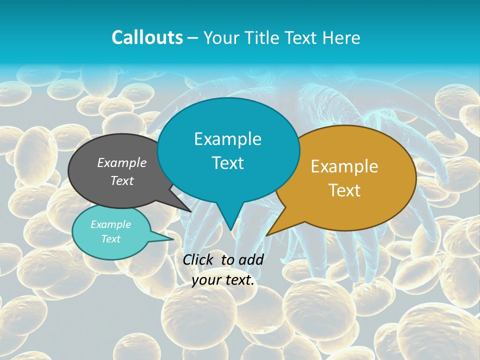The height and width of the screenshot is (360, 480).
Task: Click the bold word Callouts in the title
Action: [147, 37]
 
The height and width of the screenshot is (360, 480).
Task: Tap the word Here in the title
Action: [339, 37]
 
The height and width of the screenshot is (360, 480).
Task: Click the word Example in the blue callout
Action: [227, 139]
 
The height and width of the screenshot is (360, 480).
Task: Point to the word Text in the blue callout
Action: [227, 163]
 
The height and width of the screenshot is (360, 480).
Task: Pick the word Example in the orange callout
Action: [344, 166]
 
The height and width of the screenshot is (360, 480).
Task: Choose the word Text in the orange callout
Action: [344, 190]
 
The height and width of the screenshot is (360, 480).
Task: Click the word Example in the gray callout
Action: [122, 162]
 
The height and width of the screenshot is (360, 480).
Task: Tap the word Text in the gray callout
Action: [122, 180]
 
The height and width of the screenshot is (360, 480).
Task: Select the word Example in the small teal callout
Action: [110, 224]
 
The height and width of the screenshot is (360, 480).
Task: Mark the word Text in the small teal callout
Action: [110, 239]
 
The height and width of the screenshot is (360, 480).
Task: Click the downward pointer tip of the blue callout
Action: [230, 230]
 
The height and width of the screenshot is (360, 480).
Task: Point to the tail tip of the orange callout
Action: [266, 235]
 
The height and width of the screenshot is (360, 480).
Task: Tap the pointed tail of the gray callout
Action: [190, 211]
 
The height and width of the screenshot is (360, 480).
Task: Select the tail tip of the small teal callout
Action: [173, 239]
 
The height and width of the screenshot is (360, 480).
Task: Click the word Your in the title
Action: [221, 37]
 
